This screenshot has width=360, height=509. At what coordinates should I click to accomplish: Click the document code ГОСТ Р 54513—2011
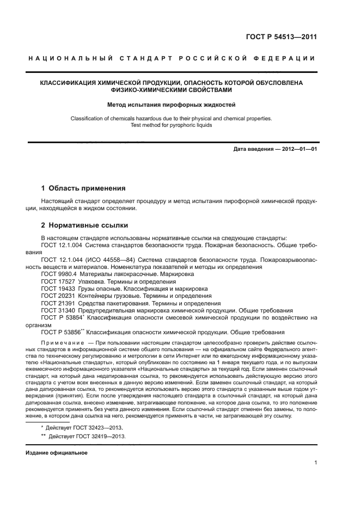(x=282, y=38)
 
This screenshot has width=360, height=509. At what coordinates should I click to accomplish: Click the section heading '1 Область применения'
(x=83, y=188)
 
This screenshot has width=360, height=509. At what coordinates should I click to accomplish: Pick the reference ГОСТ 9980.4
(x=58, y=274)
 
